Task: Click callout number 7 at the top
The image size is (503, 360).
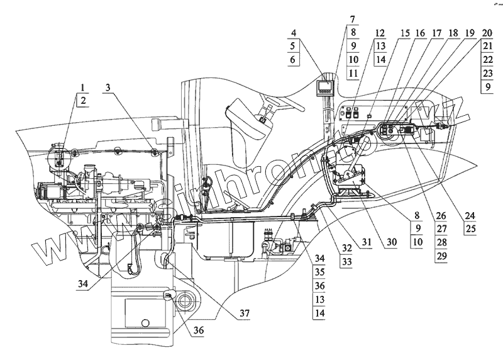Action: coord(352,19)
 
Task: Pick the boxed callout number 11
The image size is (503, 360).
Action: coord(352,74)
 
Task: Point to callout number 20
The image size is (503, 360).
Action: coord(486,33)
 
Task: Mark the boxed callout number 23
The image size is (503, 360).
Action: coord(486,74)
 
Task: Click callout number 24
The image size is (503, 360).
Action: coord(469,215)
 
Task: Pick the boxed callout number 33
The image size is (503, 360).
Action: coord(346,259)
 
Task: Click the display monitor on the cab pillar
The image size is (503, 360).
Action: coord(326,86)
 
